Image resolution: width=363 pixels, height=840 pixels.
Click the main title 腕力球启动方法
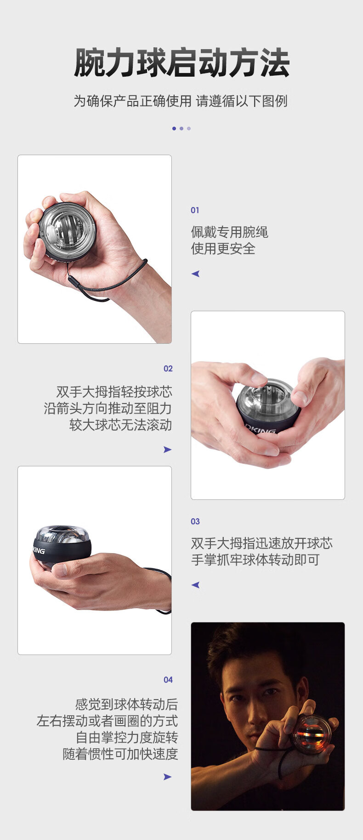tap(181, 63)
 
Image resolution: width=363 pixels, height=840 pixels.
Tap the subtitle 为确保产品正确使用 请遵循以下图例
tap(181, 101)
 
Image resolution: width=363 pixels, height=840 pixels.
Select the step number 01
tap(195, 210)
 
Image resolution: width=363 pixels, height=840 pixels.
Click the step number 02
tap(168, 369)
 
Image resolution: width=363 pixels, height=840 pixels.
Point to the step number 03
tap(195, 521)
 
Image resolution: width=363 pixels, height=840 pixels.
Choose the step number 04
tap(168, 680)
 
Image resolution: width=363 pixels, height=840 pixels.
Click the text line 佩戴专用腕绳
tap(229, 232)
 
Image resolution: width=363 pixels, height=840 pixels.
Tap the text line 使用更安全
tap(223, 249)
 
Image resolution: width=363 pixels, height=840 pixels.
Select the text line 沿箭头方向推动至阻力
tap(108, 409)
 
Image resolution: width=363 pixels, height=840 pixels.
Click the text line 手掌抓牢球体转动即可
tap(255, 560)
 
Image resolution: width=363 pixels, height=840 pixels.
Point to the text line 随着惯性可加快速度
tap(120, 754)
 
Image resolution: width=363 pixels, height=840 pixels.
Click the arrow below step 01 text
tap(195, 274)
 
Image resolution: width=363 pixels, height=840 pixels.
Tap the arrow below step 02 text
tap(167, 449)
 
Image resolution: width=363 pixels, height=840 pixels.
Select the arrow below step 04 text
tap(167, 777)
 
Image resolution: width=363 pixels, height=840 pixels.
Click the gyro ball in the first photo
tap(67, 231)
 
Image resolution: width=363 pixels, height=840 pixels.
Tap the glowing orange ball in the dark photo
tap(311, 734)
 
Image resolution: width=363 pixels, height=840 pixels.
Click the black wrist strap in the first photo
tap(110, 285)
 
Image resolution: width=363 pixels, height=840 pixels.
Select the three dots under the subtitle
tap(181, 129)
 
